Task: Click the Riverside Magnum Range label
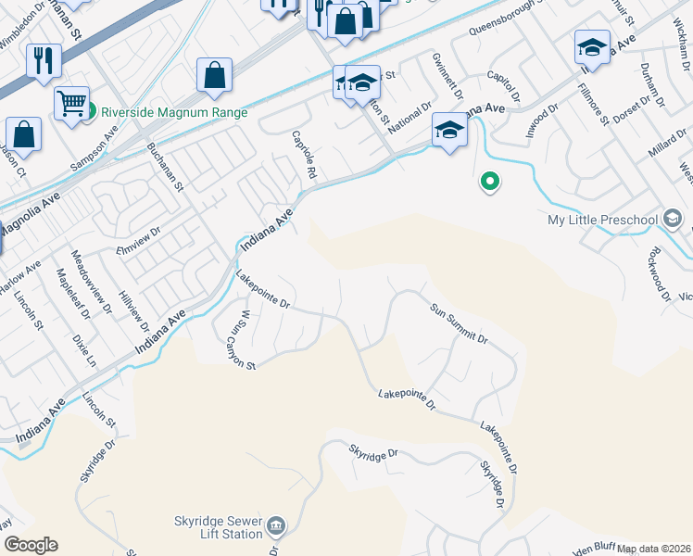[174, 113]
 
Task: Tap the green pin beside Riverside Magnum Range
[91, 113]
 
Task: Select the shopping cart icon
[70, 103]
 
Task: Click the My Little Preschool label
[602, 220]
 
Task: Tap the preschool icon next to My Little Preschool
[673, 220]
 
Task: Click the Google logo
[30, 545]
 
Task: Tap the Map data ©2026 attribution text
[654, 549]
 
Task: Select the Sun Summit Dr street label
[458, 323]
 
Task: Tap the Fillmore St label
[592, 105]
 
